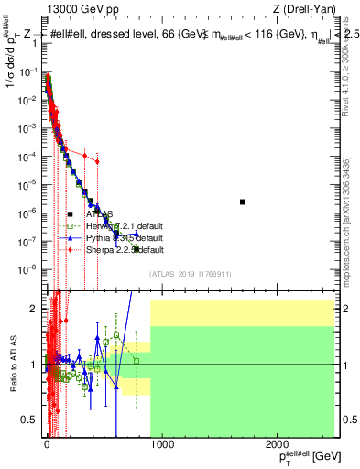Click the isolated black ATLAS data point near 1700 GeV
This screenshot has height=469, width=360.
[243, 202]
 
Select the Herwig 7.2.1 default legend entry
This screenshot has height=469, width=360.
[125, 226]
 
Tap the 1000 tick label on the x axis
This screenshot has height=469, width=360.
[161, 443]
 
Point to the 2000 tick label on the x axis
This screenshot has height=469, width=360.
[277, 443]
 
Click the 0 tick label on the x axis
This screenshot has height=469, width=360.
[47, 443]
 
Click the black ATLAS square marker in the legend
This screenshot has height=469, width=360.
[71, 215]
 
